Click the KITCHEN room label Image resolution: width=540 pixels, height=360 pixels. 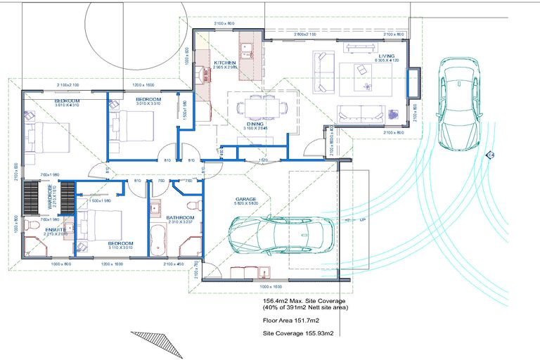pyautogui.click(x=226, y=62)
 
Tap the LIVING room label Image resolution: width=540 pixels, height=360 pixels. pyautogui.click(x=387, y=56)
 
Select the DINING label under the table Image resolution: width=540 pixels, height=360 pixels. pyautogui.click(x=255, y=124)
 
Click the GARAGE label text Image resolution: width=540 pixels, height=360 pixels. pyautogui.click(x=245, y=200)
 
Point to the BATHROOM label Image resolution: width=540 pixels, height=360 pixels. pyautogui.click(x=180, y=218)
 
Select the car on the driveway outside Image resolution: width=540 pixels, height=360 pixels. pyautogui.click(x=458, y=103)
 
